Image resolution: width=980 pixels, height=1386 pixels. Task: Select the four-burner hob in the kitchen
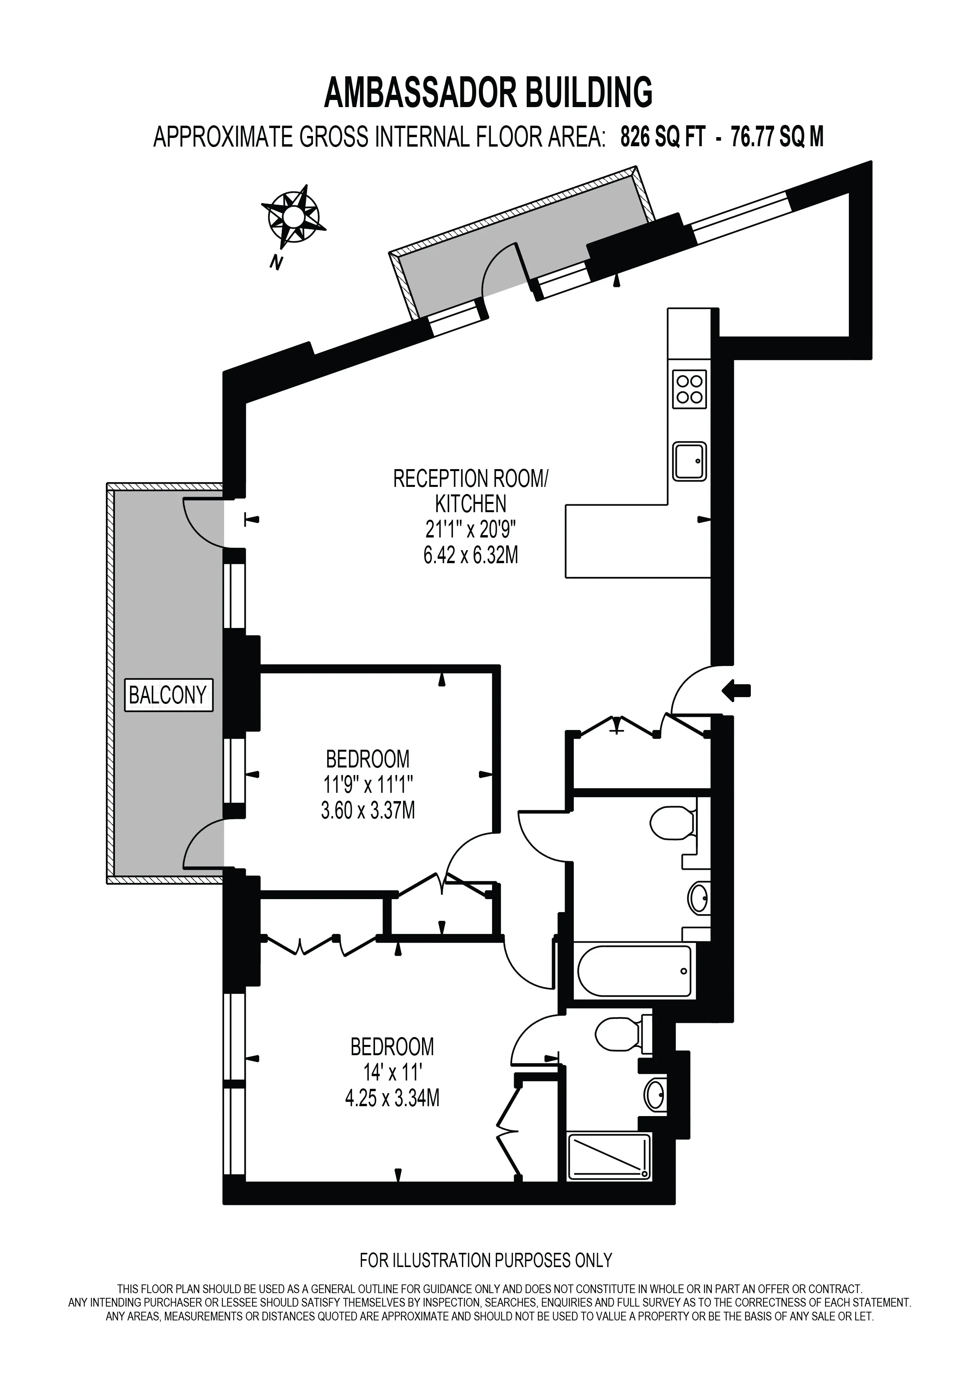(x=689, y=389)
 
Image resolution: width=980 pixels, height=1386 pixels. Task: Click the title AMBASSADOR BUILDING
(x=489, y=92)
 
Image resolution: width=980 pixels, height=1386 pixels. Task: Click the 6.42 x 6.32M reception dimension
(x=471, y=555)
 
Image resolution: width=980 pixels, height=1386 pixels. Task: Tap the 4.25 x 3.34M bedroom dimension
(x=392, y=1098)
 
